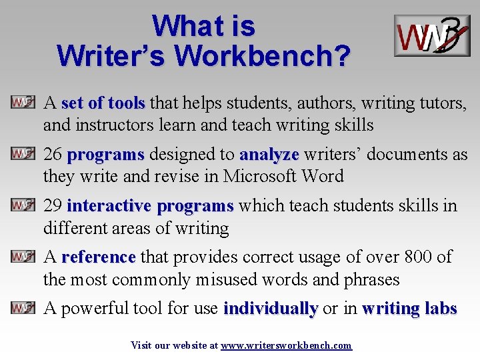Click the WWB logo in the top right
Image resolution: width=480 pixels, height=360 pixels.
(x=431, y=35)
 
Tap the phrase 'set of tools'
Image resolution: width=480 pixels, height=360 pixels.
(x=103, y=103)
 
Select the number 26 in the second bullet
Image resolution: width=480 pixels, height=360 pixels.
(x=53, y=155)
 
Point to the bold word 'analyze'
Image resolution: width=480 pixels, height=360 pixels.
(x=269, y=155)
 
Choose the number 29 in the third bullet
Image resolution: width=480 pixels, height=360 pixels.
(x=53, y=205)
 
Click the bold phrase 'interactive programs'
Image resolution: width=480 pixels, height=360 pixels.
(x=150, y=205)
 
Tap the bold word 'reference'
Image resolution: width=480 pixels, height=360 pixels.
(x=98, y=257)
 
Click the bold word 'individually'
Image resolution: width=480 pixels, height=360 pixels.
(x=271, y=309)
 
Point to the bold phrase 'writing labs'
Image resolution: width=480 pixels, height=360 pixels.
(x=409, y=309)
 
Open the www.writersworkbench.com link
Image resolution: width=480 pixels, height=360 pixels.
(x=286, y=345)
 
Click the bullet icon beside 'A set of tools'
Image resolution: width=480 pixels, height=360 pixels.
(x=23, y=103)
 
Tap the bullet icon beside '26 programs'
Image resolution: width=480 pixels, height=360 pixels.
(x=23, y=154)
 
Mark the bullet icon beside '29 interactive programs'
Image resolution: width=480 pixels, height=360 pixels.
(x=23, y=205)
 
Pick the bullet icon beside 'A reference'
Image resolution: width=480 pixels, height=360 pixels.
(x=23, y=256)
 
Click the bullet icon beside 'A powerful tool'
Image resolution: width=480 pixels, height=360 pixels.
(x=23, y=308)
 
